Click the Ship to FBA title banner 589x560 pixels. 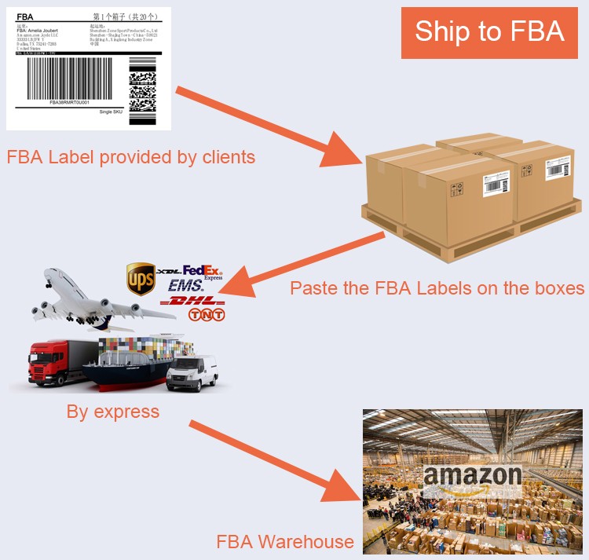[x=489, y=32]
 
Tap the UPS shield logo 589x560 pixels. [x=141, y=279]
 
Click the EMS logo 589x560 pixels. [x=185, y=286]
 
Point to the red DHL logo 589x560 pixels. [x=192, y=301]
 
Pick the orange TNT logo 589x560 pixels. [x=207, y=315]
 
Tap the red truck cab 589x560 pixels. [x=49, y=363]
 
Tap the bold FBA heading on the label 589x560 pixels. [x=25, y=16]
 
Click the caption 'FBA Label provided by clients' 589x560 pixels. [x=131, y=157]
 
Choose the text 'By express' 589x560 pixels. [x=113, y=411]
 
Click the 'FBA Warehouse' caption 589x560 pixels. [x=285, y=541]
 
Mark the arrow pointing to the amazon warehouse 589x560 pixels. [x=279, y=463]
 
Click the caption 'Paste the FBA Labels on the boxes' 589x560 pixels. [x=437, y=287]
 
